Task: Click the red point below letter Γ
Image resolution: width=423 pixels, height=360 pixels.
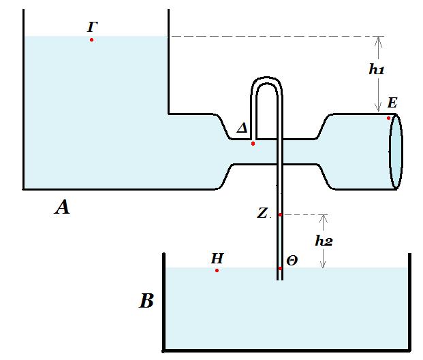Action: (91, 40)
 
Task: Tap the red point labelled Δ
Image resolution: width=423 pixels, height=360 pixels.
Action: (253, 144)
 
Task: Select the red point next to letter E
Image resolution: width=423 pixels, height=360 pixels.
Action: (388, 118)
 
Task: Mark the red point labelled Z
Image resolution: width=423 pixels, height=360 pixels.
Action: (280, 215)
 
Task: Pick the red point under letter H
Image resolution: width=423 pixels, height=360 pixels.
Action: (217, 270)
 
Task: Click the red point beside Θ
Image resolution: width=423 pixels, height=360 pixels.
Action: (280, 268)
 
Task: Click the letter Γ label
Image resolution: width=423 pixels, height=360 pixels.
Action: (92, 27)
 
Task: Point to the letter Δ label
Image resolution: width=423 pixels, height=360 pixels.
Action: (242, 128)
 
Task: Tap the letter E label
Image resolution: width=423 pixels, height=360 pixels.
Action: (392, 103)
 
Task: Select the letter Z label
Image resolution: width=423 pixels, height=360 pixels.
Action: (262, 213)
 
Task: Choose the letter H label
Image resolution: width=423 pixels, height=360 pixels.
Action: (217, 259)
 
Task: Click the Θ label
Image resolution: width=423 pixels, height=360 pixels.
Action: (292, 261)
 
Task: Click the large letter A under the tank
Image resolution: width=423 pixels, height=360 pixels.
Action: (62, 208)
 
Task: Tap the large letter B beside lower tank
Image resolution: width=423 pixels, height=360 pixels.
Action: (146, 300)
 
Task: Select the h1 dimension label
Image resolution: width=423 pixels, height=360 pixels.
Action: (376, 69)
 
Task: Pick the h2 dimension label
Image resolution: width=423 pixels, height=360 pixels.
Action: (324, 241)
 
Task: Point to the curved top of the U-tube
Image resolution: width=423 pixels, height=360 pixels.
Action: (266, 80)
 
